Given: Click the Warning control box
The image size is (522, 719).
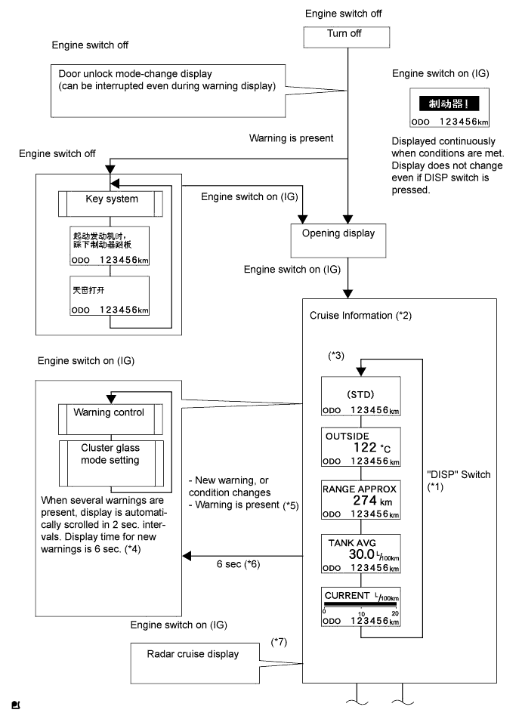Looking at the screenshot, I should click(110, 413).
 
